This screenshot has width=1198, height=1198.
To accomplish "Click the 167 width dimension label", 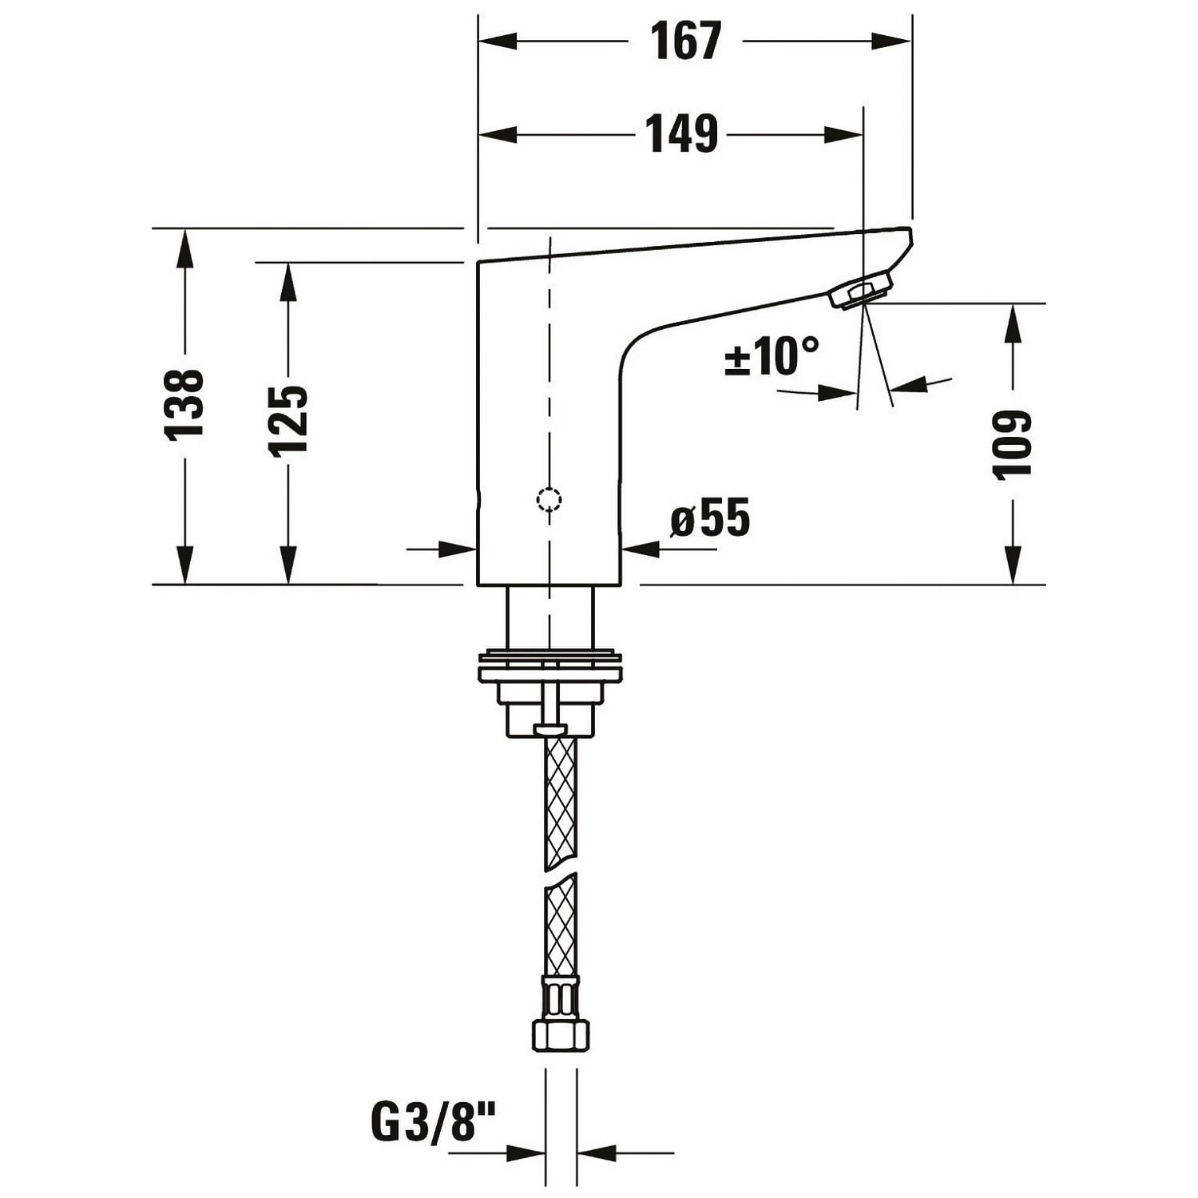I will pos(685,42).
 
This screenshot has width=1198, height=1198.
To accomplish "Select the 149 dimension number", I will pos(681,134).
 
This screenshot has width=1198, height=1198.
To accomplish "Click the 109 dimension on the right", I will pos(1013,444).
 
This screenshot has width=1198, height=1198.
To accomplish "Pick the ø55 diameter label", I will pos(710,518).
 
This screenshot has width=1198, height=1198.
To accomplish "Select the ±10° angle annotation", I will pos(771,356).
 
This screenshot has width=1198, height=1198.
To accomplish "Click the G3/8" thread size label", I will pos(434,1122).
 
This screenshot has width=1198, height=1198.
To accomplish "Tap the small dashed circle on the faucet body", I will pos(549,499).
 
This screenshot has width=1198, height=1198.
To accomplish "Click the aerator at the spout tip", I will pos(861,289).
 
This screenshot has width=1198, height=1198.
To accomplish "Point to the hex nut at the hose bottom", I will pos(560,1035).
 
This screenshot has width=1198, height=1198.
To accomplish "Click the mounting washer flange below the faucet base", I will pos(549,668).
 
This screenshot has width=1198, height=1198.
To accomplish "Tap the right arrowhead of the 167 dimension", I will pos(893,42).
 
